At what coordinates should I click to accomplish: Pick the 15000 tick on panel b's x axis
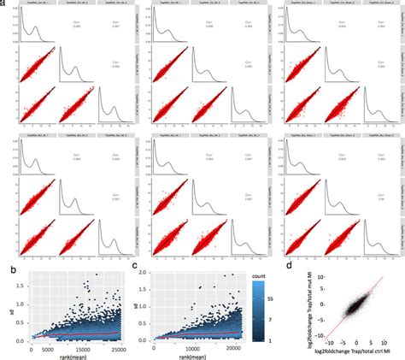[88, 346]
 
